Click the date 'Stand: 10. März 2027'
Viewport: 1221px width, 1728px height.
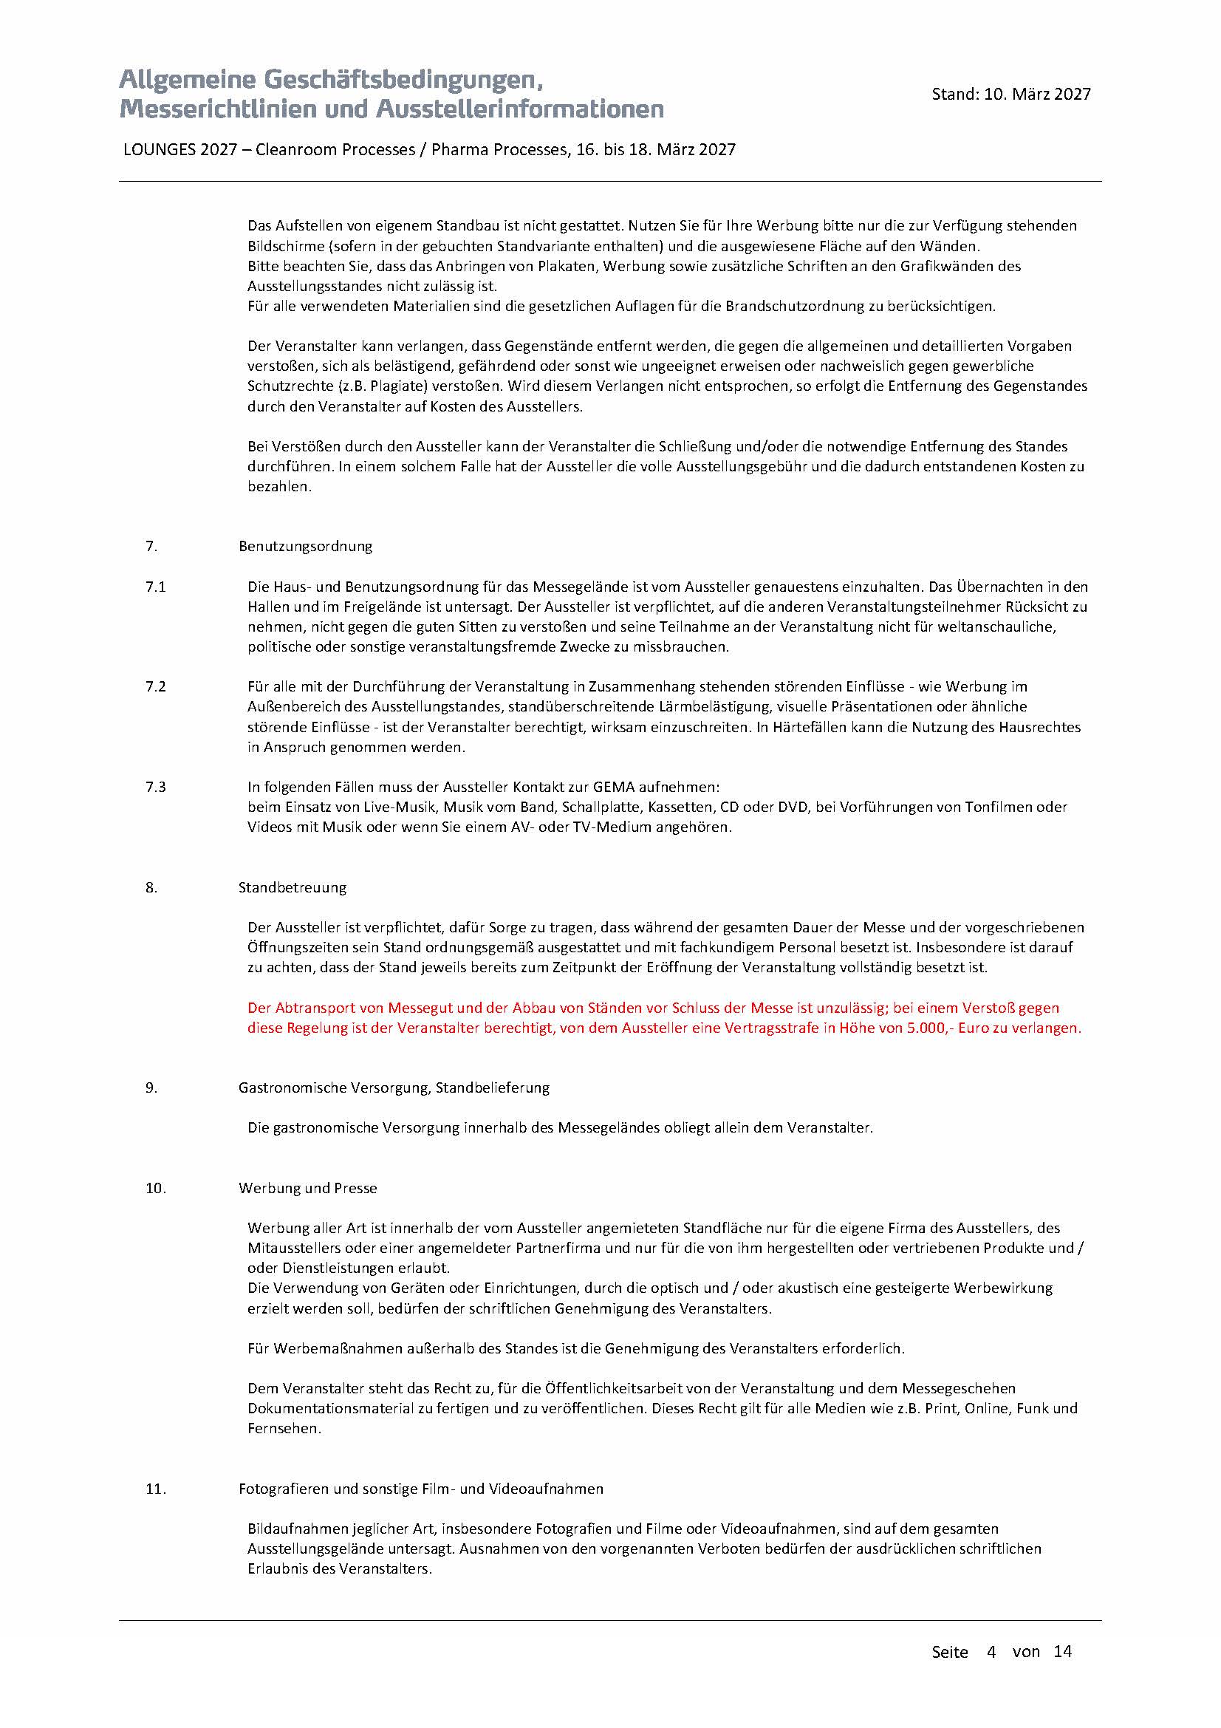coord(1010,94)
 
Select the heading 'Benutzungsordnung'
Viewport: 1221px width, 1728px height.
coord(306,547)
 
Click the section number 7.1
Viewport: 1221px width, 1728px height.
coord(156,587)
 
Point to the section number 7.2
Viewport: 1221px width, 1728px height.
coord(156,686)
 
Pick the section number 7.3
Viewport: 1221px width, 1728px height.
coord(156,788)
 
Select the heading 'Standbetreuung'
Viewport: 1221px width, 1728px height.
coord(293,887)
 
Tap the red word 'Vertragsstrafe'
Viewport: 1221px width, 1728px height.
coord(774,1028)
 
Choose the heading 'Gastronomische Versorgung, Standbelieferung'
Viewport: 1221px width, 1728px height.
coord(394,1087)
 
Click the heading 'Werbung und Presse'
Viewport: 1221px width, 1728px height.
coord(308,1189)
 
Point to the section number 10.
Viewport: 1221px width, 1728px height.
coord(156,1189)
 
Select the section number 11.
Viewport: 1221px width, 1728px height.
coord(156,1489)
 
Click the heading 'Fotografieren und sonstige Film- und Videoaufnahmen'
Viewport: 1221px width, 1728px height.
coord(420,1489)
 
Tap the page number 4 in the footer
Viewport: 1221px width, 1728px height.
coord(991,1652)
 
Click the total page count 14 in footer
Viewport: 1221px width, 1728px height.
coord(1062,1652)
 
